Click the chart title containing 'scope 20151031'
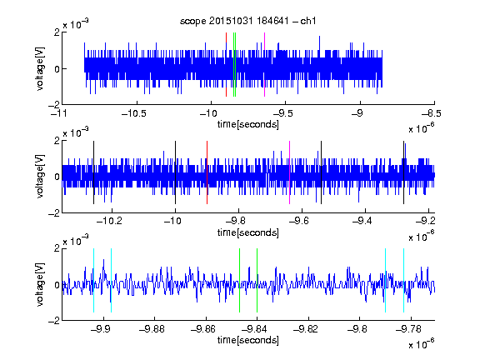coord(248,21)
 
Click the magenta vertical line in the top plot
coord(264,65)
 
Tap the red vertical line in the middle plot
coord(207,172)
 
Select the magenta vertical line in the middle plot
coord(290,172)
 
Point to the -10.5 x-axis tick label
coord(134,113)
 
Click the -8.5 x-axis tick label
coord(432,113)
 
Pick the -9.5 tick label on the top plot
coord(282,113)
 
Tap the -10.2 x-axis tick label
coord(109,220)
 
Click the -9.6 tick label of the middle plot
coord(299,220)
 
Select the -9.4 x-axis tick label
coord(362,220)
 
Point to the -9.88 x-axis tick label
coord(152,329)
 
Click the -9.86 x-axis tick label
coord(203,329)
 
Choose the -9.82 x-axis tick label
coord(306,329)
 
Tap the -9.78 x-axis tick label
coord(408,329)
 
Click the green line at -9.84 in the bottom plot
coord(257,280)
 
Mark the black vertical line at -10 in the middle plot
coord(175,172)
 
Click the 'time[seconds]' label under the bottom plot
coord(248,340)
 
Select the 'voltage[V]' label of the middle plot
coord(40,177)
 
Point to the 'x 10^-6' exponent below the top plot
coord(422,128)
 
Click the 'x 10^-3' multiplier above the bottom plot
coord(76,241)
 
